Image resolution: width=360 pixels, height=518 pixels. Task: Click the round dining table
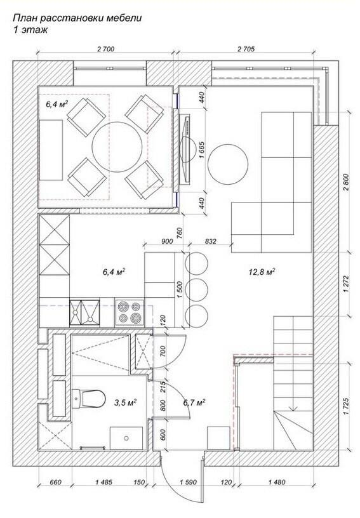(117, 147)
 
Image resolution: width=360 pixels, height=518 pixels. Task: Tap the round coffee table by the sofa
(228, 164)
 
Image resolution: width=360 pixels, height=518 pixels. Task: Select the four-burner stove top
(130, 313)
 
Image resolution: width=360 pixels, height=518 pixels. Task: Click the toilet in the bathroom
(89, 399)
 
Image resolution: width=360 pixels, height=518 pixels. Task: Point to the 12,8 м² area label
(262, 272)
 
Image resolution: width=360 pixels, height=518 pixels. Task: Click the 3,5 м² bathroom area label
(126, 402)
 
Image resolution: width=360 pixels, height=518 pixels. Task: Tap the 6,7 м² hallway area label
(194, 402)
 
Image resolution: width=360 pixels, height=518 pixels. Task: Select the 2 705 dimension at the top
(246, 49)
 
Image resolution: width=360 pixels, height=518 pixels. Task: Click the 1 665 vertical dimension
(203, 150)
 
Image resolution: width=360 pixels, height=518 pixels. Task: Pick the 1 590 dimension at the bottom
(189, 482)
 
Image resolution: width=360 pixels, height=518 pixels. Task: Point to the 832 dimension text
(210, 241)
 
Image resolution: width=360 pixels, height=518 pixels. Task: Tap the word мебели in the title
(124, 18)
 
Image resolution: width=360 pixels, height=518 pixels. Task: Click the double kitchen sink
(84, 312)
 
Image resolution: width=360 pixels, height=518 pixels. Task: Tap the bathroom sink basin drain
(126, 439)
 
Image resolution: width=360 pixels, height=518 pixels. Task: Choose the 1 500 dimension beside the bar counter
(179, 290)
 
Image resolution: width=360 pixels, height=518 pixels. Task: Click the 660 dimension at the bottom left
(55, 482)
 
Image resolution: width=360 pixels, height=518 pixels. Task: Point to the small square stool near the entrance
(218, 438)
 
